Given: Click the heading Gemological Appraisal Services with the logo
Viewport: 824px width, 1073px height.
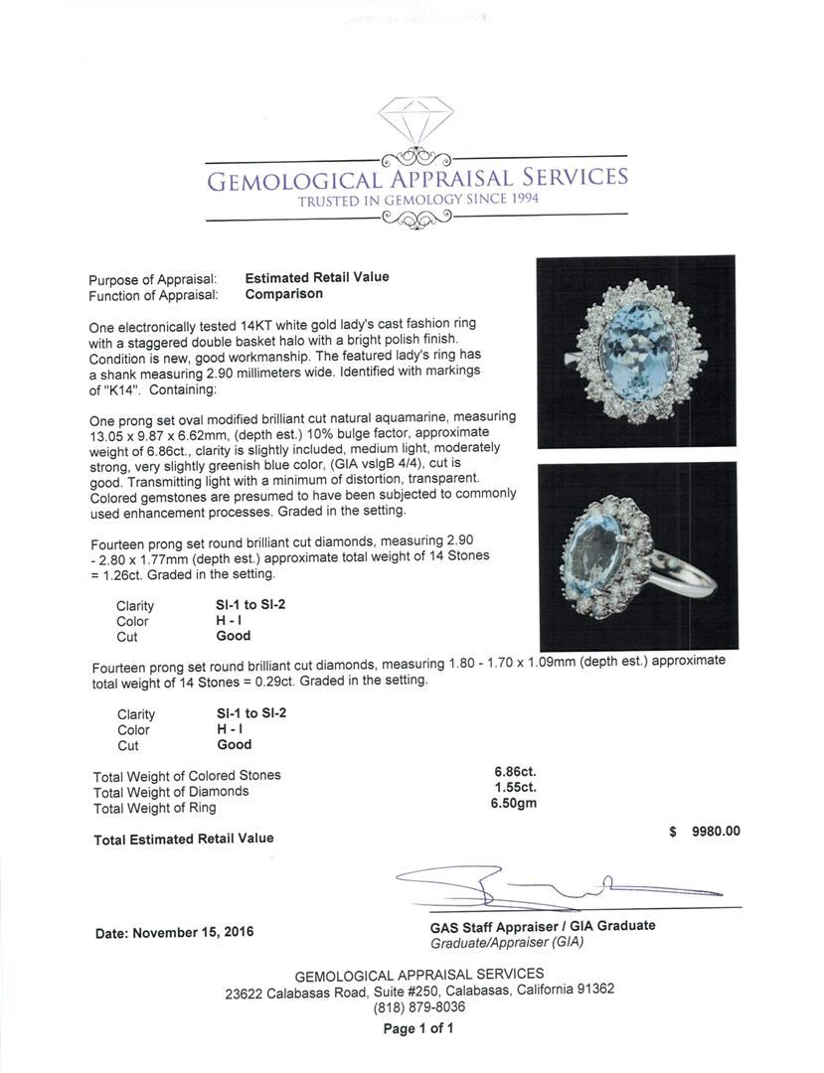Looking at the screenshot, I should click(x=416, y=179).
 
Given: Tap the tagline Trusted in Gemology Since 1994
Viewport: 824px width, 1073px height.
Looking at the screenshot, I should click(x=416, y=201).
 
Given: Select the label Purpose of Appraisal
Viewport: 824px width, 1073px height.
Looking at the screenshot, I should click(x=152, y=279).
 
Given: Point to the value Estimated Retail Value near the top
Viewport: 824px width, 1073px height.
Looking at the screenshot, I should click(x=317, y=278).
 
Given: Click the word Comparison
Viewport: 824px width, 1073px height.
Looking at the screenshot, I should click(x=283, y=294).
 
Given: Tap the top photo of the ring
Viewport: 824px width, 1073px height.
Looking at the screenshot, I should click(x=635, y=351).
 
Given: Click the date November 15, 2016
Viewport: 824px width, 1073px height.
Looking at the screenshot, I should click(x=175, y=933).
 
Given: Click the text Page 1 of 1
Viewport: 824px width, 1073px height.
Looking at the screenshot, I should click(x=418, y=1028).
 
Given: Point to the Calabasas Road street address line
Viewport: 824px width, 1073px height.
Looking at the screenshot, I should click(x=418, y=991).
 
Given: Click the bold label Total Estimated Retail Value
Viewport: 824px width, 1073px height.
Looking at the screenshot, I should click(x=184, y=839).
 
